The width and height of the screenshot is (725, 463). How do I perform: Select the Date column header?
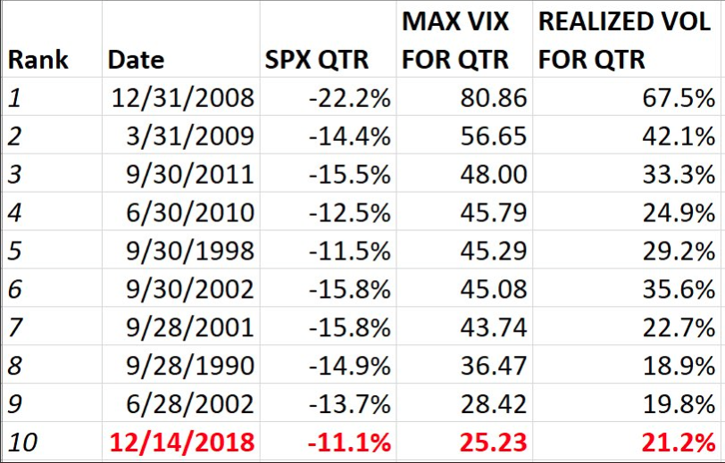(136, 60)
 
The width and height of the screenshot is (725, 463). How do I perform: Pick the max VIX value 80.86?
(491, 97)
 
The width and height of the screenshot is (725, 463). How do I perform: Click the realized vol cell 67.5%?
(683, 97)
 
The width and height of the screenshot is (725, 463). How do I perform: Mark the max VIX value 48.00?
(491, 175)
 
